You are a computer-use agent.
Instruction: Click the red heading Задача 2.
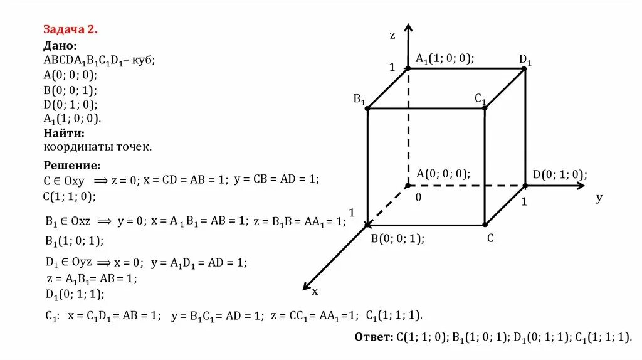click(70, 29)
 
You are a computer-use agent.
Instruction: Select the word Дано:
click(60, 45)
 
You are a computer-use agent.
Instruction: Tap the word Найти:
click(63, 133)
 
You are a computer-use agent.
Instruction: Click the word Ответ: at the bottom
click(373, 337)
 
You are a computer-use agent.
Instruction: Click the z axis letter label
click(392, 36)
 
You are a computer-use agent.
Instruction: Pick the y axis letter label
click(599, 198)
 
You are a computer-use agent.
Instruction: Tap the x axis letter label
click(315, 290)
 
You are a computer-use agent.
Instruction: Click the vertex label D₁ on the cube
click(525, 60)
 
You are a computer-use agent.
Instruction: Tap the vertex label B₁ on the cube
click(359, 98)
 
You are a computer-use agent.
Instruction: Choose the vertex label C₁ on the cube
click(480, 98)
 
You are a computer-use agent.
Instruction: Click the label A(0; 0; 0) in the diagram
click(443, 174)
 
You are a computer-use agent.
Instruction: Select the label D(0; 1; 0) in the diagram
click(560, 175)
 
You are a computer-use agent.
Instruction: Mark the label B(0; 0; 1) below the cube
click(397, 238)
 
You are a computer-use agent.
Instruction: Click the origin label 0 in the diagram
click(418, 197)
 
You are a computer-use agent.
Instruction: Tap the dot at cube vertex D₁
click(524, 68)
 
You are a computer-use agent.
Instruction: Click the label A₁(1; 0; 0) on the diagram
click(445, 58)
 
